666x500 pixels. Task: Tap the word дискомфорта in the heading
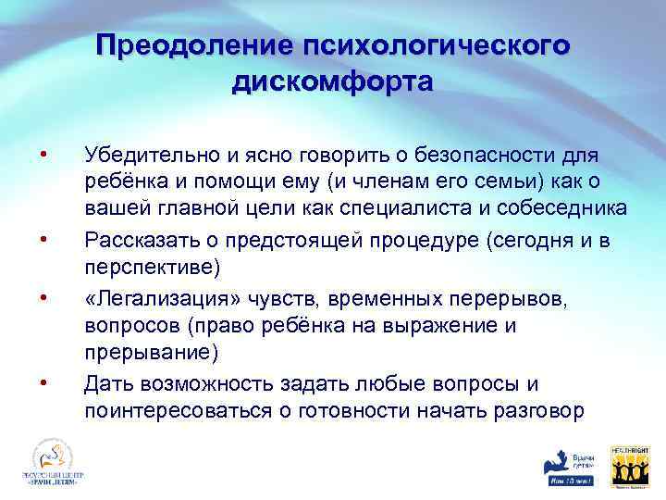click(x=332, y=82)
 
